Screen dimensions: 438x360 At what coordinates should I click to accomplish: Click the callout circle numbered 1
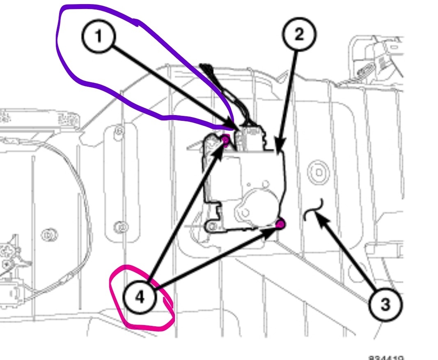click(99, 37)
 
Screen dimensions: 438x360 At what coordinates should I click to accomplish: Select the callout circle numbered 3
click(385, 305)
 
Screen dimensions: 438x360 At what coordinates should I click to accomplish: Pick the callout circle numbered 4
click(140, 297)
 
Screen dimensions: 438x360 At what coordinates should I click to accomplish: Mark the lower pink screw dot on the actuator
click(281, 224)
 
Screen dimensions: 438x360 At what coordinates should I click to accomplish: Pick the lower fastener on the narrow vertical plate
click(120, 226)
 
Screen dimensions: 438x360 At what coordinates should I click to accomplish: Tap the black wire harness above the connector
click(218, 88)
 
